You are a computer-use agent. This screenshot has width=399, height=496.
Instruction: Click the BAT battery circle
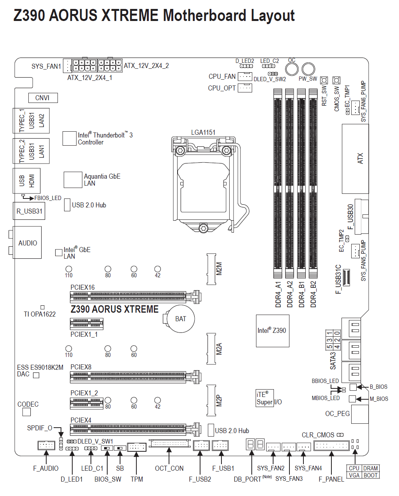click(x=180, y=319)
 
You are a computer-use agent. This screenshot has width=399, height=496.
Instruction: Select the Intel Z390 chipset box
click(x=272, y=331)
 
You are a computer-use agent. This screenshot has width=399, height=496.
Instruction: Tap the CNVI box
click(x=43, y=98)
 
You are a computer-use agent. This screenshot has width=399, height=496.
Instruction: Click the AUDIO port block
click(x=28, y=243)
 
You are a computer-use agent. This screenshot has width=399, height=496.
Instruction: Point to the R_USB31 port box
click(x=29, y=211)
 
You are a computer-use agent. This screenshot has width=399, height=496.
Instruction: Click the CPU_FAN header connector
click(x=245, y=77)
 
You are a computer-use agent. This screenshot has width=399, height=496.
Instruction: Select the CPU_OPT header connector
click(x=245, y=88)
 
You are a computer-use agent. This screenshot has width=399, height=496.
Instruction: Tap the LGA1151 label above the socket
click(x=203, y=132)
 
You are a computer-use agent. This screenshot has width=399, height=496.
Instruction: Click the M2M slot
click(x=211, y=269)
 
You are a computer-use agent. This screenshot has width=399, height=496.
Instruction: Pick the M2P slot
click(x=211, y=400)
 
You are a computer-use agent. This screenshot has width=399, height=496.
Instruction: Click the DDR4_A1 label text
click(x=278, y=294)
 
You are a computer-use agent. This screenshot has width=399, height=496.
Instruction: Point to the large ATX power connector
click(x=355, y=159)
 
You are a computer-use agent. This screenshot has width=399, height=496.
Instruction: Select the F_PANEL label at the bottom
click(x=331, y=479)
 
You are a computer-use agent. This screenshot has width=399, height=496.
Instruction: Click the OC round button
click(x=292, y=69)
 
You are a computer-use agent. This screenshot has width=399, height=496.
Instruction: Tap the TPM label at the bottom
click(x=137, y=479)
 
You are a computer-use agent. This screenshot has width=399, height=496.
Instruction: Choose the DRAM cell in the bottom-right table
click(x=370, y=468)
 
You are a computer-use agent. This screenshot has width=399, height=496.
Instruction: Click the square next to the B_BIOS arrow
click(x=353, y=387)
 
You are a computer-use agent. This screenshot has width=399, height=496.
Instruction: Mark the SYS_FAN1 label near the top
click(x=46, y=66)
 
